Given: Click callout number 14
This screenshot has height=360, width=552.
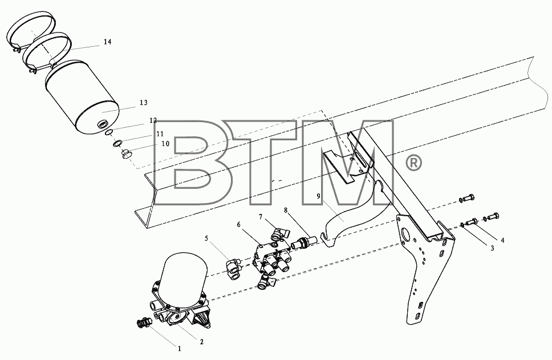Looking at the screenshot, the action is (108, 42).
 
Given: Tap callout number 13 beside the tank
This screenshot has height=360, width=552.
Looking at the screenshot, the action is (143, 103).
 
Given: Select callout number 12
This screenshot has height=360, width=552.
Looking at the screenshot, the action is (153, 120).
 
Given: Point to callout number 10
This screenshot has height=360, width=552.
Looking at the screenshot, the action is (165, 144).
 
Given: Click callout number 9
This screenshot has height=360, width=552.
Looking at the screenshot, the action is (319, 197).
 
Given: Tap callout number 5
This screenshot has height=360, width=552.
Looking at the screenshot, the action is (206, 238).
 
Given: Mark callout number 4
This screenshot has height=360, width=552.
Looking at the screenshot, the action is (503, 240).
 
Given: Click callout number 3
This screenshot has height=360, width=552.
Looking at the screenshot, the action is (492, 248).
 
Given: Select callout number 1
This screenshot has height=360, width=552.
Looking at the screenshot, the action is (179, 349).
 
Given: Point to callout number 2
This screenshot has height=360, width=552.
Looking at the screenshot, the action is (201, 342).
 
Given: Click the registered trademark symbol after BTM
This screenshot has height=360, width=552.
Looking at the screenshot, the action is (413, 163).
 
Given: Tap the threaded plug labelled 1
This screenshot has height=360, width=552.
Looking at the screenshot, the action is (143, 322).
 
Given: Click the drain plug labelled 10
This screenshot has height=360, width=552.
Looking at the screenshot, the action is (126, 153).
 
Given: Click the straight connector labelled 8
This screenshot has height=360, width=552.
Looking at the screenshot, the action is (303, 242).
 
